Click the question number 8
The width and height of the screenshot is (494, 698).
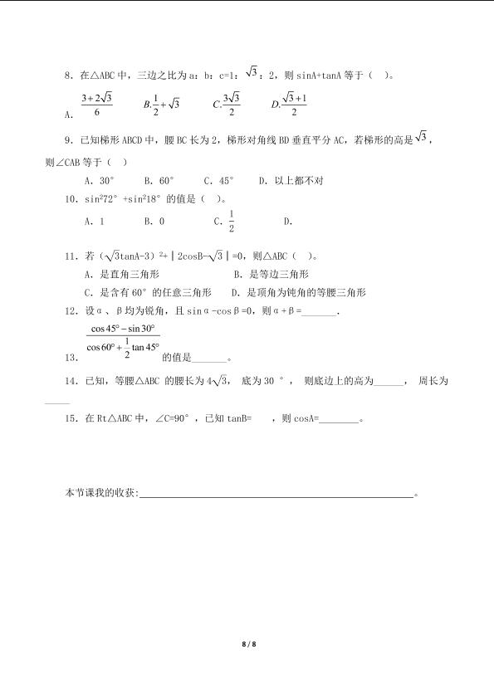[68, 76]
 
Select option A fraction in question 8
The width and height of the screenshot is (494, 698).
[96, 105]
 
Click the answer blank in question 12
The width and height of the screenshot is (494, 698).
[321, 312]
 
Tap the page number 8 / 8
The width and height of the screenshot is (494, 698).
[247, 643]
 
